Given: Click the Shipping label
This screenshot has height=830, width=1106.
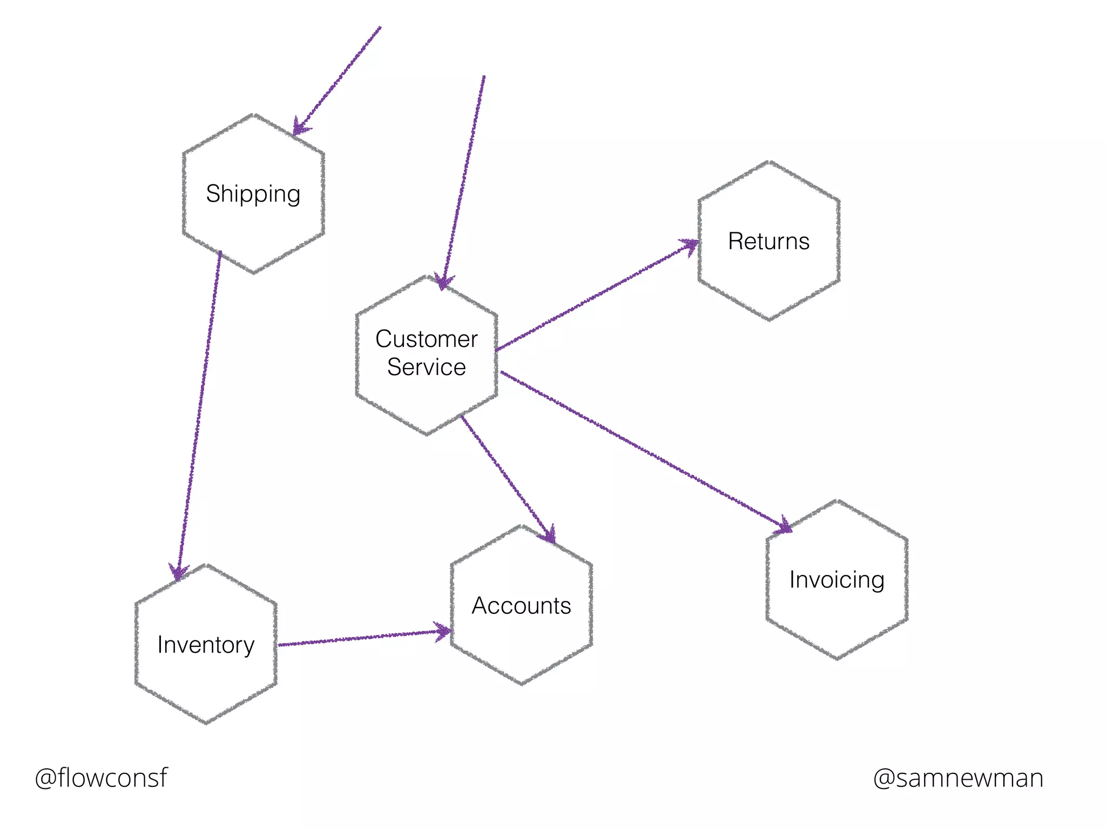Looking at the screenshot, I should [x=253, y=194].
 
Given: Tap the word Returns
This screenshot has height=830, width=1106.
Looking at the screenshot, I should [x=768, y=241].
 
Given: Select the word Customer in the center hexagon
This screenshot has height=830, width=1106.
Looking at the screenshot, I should [x=426, y=339].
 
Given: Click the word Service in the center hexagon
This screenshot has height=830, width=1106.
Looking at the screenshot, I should [x=426, y=367].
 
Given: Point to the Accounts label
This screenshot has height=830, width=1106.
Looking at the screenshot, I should [x=521, y=606].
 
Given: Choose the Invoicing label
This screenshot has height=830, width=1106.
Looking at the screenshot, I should [x=837, y=580].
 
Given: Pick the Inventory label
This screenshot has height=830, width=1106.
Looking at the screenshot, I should [x=206, y=645].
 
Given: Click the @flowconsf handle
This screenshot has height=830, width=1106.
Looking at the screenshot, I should [x=101, y=778].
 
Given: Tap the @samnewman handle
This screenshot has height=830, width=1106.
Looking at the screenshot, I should [x=958, y=778].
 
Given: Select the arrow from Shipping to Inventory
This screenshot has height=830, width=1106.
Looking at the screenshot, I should [x=200, y=411].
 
